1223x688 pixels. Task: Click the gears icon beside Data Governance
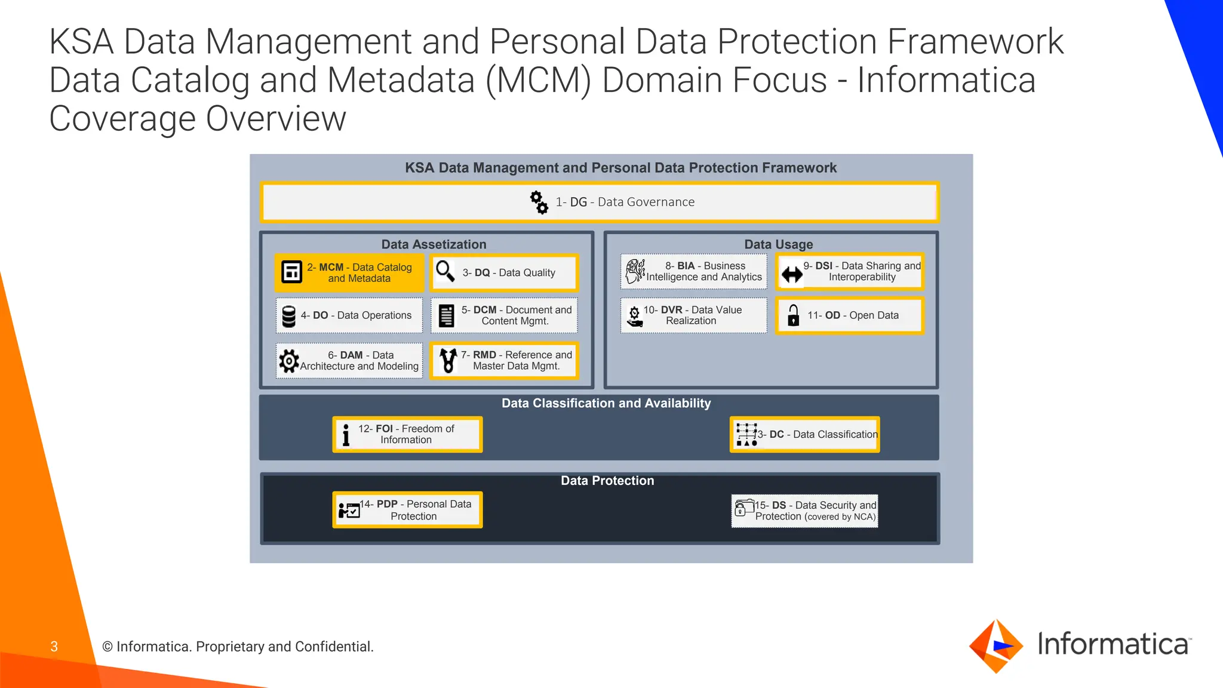tap(539, 202)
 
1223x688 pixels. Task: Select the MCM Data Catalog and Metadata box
tap(349, 273)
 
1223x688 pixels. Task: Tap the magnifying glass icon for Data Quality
tap(445, 271)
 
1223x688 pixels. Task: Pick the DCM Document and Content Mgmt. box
tap(505, 315)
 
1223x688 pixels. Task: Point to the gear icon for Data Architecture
tap(289, 361)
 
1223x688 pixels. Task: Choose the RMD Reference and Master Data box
tap(505, 361)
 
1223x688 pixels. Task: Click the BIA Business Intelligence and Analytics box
tap(694, 272)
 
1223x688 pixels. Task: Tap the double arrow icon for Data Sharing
tap(792, 275)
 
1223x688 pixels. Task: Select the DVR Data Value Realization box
tap(694, 315)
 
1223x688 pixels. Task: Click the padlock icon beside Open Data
tap(793, 315)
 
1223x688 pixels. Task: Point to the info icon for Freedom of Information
tap(346, 435)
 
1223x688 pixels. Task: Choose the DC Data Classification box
tap(805, 435)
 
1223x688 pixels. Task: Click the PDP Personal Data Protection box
tap(407, 510)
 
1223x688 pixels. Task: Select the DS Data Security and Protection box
tap(805, 511)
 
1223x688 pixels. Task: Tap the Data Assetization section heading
tap(434, 244)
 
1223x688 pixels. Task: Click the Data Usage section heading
tap(778, 244)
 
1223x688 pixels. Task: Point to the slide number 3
tap(54, 646)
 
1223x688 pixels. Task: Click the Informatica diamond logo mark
tap(996, 646)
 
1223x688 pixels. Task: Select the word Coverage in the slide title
tap(122, 119)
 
